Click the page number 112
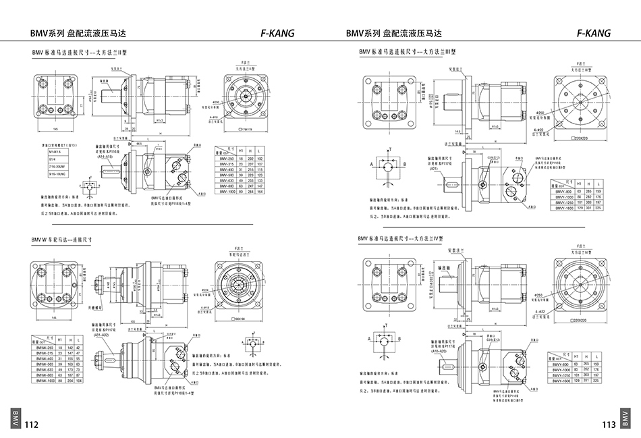click(x=31, y=425)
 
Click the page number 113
click(x=609, y=425)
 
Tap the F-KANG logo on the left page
click(x=277, y=33)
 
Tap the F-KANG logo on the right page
click(x=594, y=33)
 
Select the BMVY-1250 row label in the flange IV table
click(x=563, y=375)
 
